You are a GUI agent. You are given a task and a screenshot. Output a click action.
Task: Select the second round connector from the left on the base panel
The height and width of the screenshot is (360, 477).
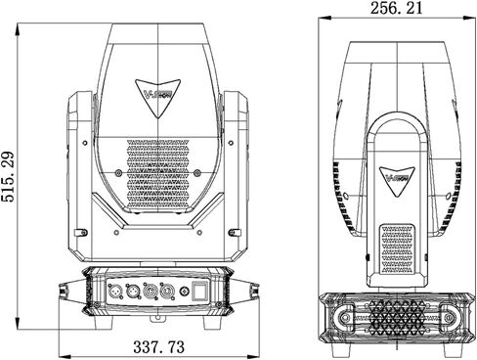coord(132,291)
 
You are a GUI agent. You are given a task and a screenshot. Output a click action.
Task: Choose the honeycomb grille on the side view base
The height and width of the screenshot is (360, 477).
coord(396,320)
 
